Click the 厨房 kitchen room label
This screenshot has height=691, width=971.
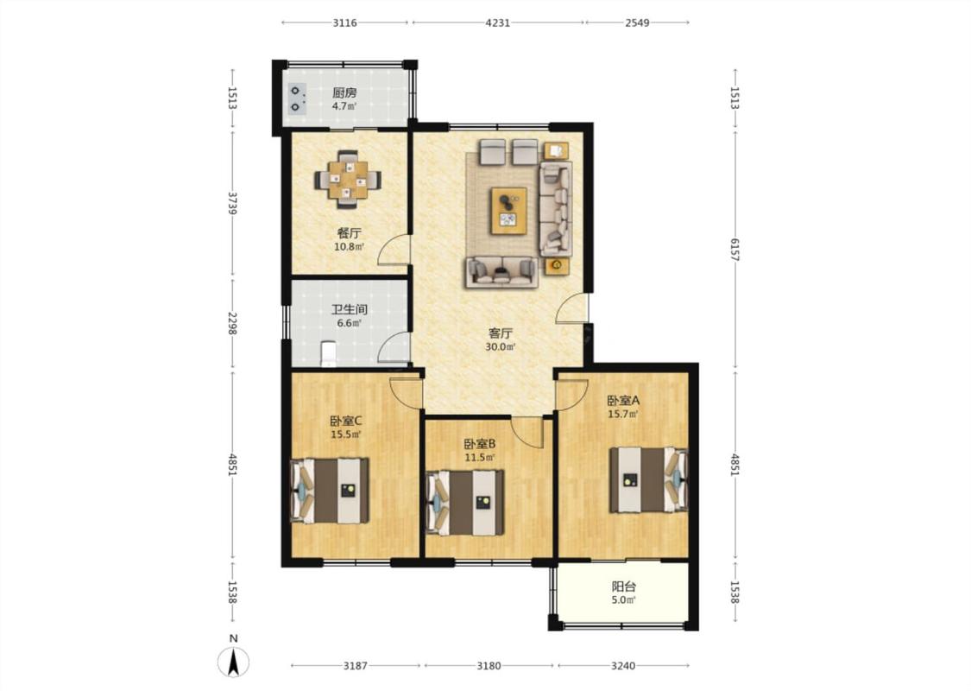tap(344, 93)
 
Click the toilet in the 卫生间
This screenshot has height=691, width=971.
tap(328, 353)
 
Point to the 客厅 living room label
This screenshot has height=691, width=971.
tap(500, 333)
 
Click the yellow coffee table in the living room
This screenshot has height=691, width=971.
tap(508, 211)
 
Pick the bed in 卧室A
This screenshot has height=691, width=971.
tap(648, 479)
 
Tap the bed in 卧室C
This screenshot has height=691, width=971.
tap(330, 491)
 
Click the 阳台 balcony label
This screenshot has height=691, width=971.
tap(623, 586)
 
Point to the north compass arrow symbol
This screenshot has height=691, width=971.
tap(233, 662)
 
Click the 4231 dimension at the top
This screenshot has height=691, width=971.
tap(497, 23)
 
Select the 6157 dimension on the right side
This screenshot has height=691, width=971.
tap(735, 249)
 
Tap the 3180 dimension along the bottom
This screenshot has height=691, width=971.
tap(489, 666)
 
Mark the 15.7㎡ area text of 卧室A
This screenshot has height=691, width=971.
tap(622, 414)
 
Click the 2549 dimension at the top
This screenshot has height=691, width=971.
tap(637, 23)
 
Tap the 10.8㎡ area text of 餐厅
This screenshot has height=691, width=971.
tap(349, 246)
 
